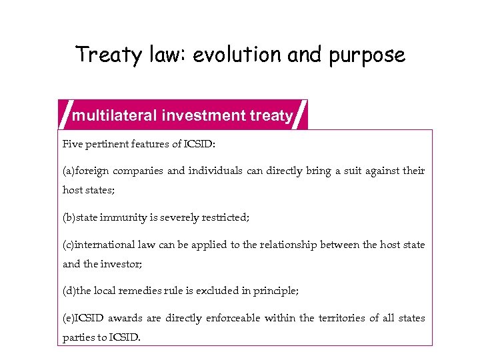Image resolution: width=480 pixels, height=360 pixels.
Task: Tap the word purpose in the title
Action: [371, 55]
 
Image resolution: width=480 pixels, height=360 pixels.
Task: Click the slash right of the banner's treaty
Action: [301, 113]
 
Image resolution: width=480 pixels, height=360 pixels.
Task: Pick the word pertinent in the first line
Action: [105, 144]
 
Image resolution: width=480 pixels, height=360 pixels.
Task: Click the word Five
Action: [71, 144]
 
